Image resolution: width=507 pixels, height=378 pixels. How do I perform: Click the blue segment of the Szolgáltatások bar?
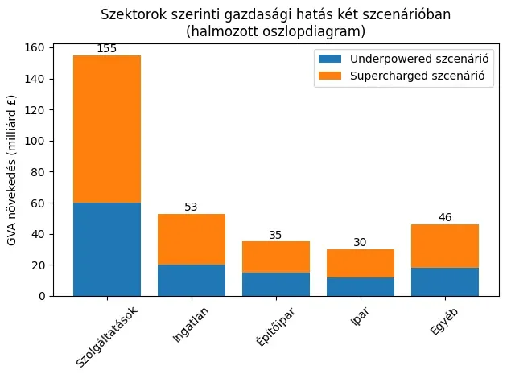coord(107,249)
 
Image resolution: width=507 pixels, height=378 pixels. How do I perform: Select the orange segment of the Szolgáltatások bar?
coord(107,129)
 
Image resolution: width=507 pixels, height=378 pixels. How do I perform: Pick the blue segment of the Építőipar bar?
coord(276,284)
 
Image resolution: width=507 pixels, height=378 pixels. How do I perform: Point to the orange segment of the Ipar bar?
coord(361,263)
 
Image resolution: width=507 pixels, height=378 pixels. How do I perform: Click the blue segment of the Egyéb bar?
coord(445,281)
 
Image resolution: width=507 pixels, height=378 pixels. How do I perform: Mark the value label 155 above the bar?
coord(107,49)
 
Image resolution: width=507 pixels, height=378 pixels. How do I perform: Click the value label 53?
coord(192,207)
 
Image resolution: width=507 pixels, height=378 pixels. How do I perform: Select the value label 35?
coord(276,236)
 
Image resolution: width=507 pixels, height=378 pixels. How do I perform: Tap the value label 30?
coord(361,244)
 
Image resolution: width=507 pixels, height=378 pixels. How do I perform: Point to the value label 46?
coord(445,218)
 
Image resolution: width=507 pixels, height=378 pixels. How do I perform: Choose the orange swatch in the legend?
coord(331,76)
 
